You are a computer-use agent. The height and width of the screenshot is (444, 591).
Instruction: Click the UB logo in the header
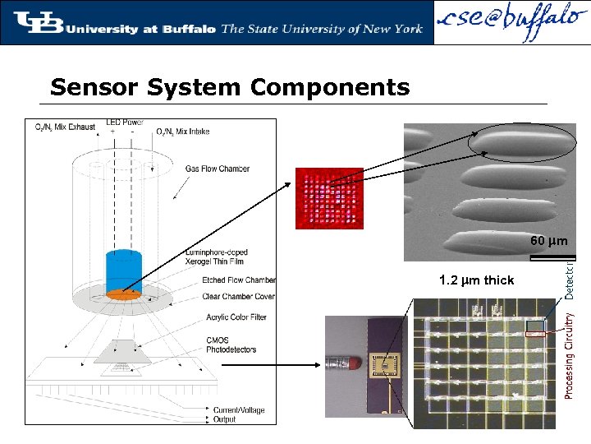[38, 22]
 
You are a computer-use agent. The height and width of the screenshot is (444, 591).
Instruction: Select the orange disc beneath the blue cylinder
[124, 294]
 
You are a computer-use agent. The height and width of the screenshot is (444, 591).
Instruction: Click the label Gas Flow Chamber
[217, 169]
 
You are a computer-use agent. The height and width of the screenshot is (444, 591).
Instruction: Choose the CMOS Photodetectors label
[231, 344]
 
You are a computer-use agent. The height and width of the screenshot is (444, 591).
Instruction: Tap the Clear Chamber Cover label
[238, 296]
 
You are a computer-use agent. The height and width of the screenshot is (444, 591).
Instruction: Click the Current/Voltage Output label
[238, 414]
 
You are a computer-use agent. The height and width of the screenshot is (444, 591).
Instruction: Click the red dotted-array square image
[328, 198]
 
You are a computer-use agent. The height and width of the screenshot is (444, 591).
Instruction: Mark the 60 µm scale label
[548, 242]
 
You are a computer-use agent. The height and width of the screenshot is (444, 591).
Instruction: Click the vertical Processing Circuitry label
[570, 354]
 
